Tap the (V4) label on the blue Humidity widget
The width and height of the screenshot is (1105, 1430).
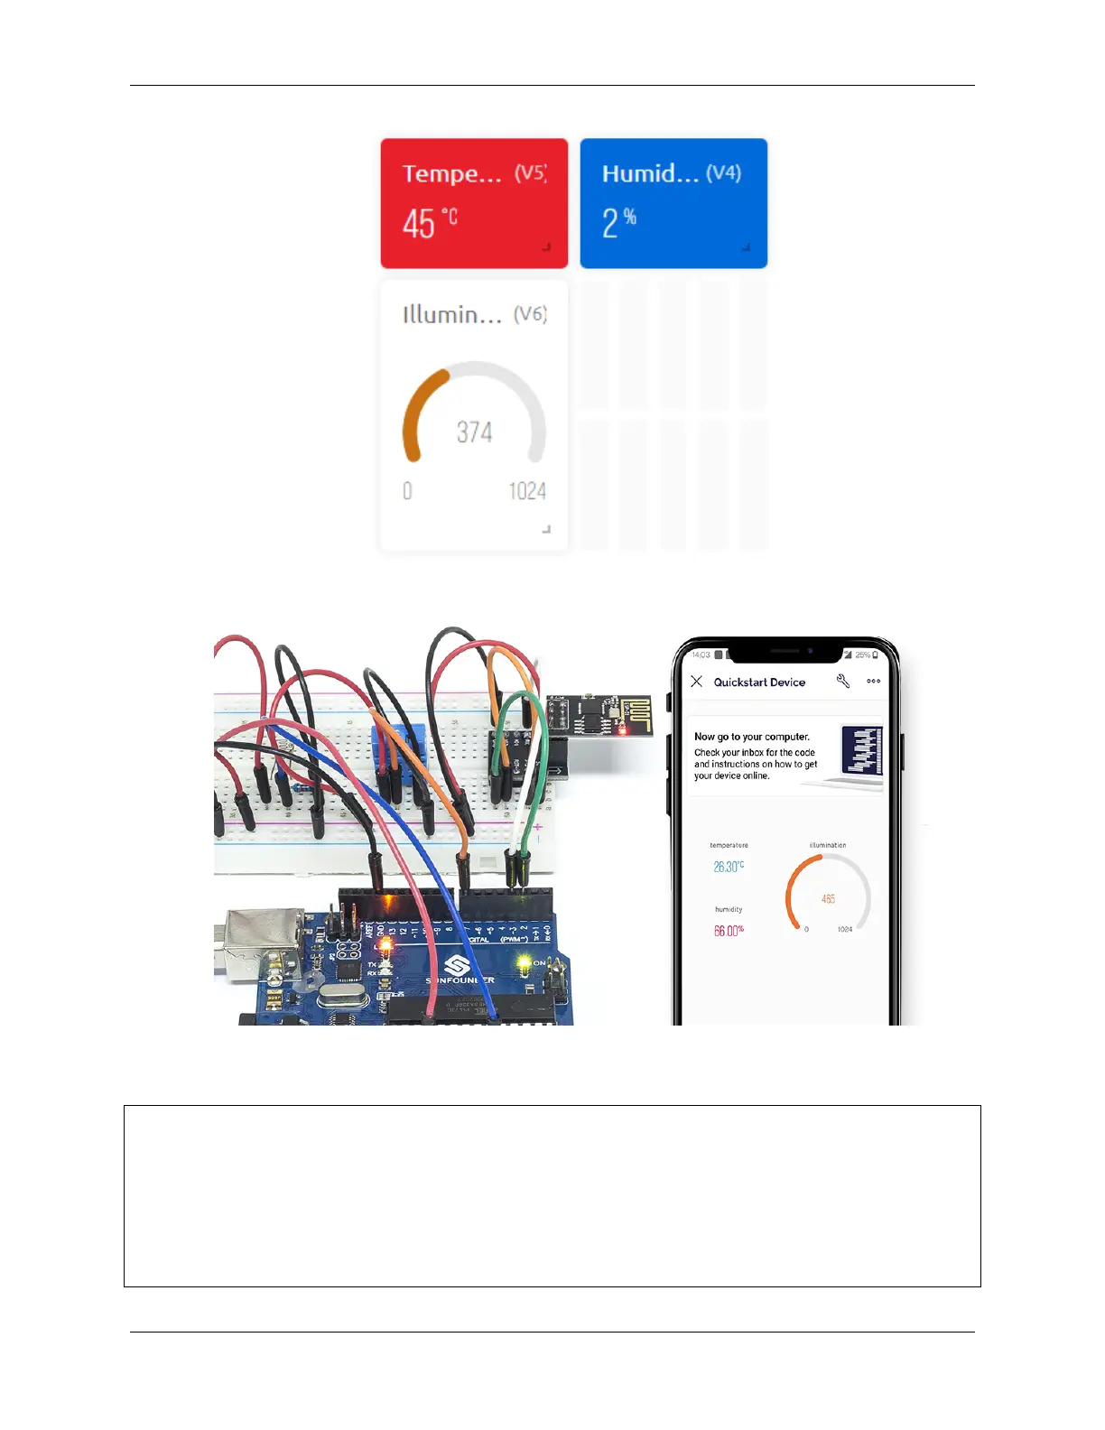[x=723, y=172]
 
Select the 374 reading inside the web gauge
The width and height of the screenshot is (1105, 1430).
[x=474, y=432]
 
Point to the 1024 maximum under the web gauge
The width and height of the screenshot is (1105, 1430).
[x=527, y=491]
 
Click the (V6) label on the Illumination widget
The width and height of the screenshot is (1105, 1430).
[x=530, y=314]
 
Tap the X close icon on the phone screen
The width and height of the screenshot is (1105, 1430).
[x=696, y=682]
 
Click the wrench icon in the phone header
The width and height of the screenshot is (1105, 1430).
[x=843, y=682]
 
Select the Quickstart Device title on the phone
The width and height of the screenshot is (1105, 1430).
[x=759, y=682]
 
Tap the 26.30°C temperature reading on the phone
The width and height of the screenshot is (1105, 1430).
[x=729, y=867]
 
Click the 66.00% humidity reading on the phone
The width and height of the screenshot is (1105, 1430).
[x=729, y=931]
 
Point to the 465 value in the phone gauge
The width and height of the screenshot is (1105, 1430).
[x=828, y=899]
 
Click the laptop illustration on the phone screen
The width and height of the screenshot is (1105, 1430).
[x=859, y=754]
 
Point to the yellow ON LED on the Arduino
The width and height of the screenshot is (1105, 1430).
[x=523, y=965]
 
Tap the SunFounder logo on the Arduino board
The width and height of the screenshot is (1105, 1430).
[x=458, y=967]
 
